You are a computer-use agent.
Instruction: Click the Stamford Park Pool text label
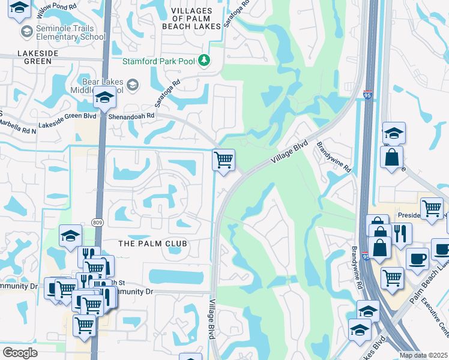[x=160, y=61]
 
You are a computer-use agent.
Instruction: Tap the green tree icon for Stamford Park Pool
[x=204, y=61]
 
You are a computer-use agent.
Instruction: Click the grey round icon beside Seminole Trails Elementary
[x=26, y=31]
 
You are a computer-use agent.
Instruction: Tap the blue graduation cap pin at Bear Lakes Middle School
[x=104, y=97]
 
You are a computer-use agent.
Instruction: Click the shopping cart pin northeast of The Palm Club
[x=223, y=160]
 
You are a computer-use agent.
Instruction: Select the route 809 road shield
[x=97, y=223]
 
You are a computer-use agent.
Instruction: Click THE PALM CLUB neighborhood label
[x=152, y=244]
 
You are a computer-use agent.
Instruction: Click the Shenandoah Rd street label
[x=133, y=115]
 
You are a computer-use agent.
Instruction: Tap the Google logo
[x=20, y=352]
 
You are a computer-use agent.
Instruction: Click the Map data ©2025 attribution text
[x=423, y=355]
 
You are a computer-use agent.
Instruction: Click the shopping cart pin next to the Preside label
[x=431, y=208]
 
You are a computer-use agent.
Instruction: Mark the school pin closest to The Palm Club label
[x=70, y=236]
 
